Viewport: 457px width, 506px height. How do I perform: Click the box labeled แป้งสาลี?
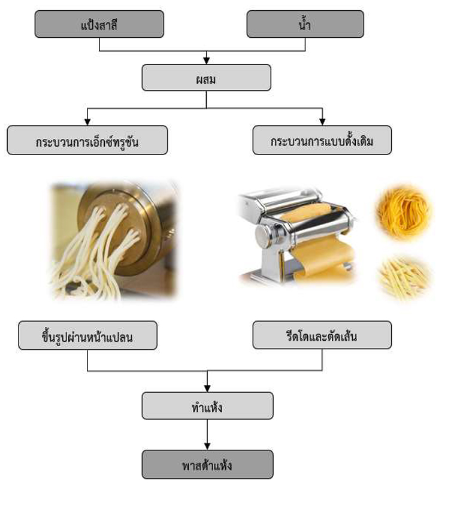[x=99, y=24]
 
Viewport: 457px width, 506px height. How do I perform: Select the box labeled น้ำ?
[x=305, y=24]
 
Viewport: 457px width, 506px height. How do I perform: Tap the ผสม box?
[x=206, y=77]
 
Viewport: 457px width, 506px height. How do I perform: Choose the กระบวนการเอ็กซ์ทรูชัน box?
[x=87, y=140]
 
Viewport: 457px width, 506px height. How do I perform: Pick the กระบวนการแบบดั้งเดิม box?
[x=322, y=140]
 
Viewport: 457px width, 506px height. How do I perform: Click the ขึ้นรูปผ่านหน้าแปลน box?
[x=87, y=335]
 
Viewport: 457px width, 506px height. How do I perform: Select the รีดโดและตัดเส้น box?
[x=322, y=335]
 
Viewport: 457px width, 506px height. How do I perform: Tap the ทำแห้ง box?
[x=207, y=406]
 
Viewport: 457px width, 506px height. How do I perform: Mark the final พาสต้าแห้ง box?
[x=207, y=464]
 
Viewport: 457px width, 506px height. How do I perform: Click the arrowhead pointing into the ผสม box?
[x=207, y=60]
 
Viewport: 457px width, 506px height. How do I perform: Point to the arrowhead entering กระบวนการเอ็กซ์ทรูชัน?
[x=87, y=122]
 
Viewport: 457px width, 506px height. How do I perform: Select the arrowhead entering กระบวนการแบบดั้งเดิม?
[x=322, y=122]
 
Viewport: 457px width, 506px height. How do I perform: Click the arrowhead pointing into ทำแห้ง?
[x=207, y=388]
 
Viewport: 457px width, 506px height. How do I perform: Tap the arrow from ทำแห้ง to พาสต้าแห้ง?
[x=207, y=434]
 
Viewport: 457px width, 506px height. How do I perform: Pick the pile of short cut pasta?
[x=404, y=277]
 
